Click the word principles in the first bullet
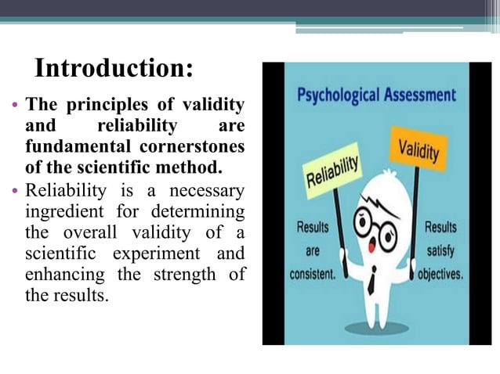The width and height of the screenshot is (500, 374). click(x=101, y=105)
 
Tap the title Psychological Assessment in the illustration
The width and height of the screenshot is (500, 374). click(x=377, y=95)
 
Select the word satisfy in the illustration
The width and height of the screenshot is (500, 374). click(x=441, y=252)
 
